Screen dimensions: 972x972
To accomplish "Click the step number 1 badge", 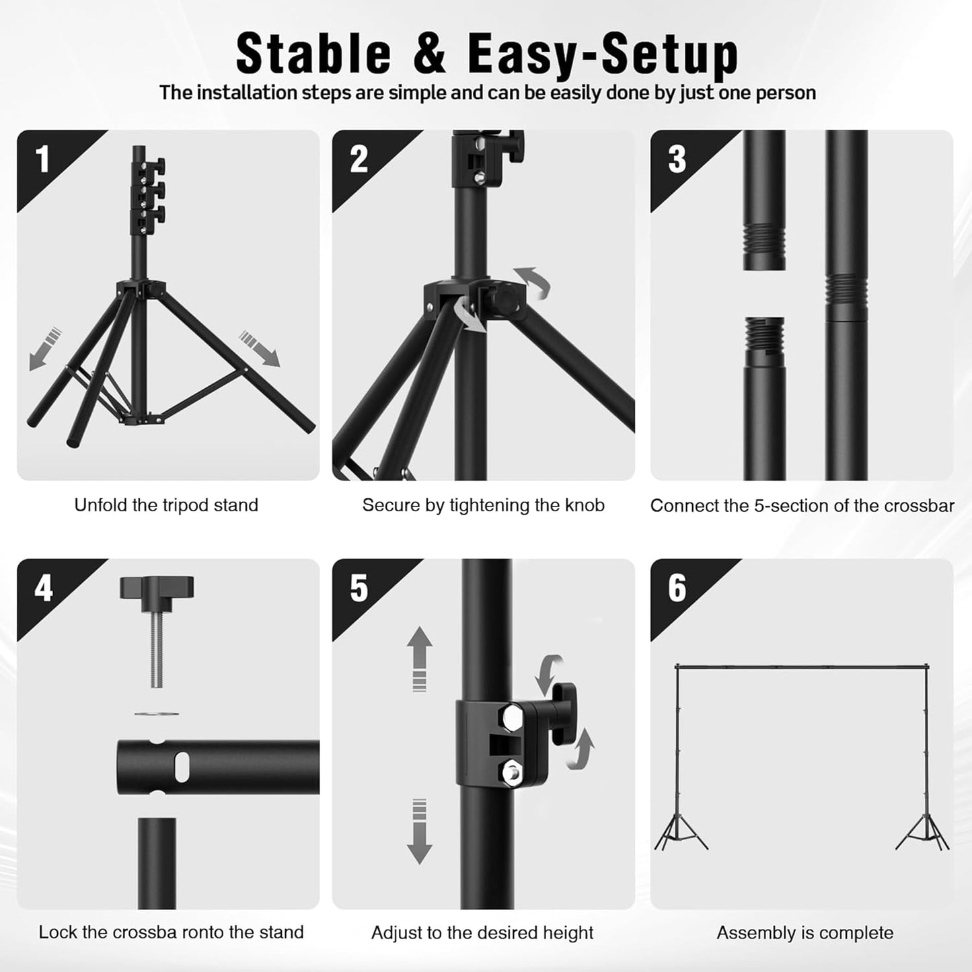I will [x=42, y=159].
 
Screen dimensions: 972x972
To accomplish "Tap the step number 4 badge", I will [x=43, y=589].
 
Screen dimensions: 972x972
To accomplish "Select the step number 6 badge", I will [x=677, y=589].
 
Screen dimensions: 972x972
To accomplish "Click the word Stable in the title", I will [x=313, y=54].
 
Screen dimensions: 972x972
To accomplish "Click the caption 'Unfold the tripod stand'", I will [x=166, y=505].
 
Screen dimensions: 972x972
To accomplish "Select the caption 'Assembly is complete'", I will [x=805, y=933].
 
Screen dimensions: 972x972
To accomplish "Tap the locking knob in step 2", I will [x=506, y=297].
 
